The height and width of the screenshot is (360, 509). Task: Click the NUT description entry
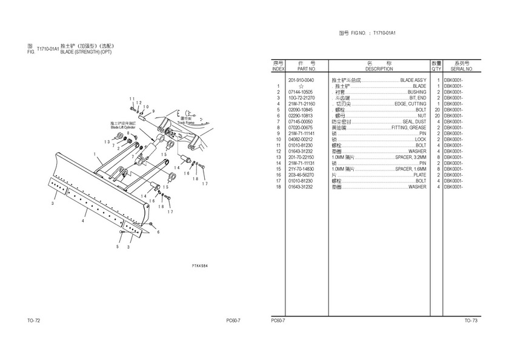[x=422, y=116]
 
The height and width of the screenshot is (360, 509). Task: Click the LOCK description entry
[x=421, y=139]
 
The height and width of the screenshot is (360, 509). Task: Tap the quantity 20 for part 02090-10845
[x=437, y=110]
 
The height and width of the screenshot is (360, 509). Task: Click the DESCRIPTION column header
[x=379, y=69]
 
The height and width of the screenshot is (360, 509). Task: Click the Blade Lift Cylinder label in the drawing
[x=123, y=127]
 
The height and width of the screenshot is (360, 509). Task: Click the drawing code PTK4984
[x=200, y=265]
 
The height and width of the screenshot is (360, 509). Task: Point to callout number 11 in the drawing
[x=131, y=99]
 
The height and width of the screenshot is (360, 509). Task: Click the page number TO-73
[x=471, y=321]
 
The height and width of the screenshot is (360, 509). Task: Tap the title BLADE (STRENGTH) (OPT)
[x=90, y=52]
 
